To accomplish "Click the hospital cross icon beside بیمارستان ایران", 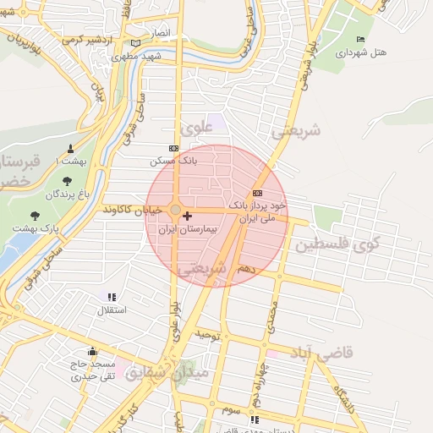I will point(187,216).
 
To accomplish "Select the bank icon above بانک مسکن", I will point(174,148).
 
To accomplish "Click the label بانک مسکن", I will point(173,160).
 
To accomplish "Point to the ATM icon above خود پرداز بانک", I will point(257,194).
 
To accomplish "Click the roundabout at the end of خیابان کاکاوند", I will point(174,209).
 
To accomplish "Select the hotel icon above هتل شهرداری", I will point(361,40).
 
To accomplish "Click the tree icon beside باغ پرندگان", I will point(67,181).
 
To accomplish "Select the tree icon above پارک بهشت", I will point(34,216).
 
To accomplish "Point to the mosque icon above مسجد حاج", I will point(91,351).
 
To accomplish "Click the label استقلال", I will point(112,310).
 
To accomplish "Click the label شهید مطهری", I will point(140,56).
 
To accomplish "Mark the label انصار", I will point(161,33).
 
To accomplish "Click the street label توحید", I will point(207,336).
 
